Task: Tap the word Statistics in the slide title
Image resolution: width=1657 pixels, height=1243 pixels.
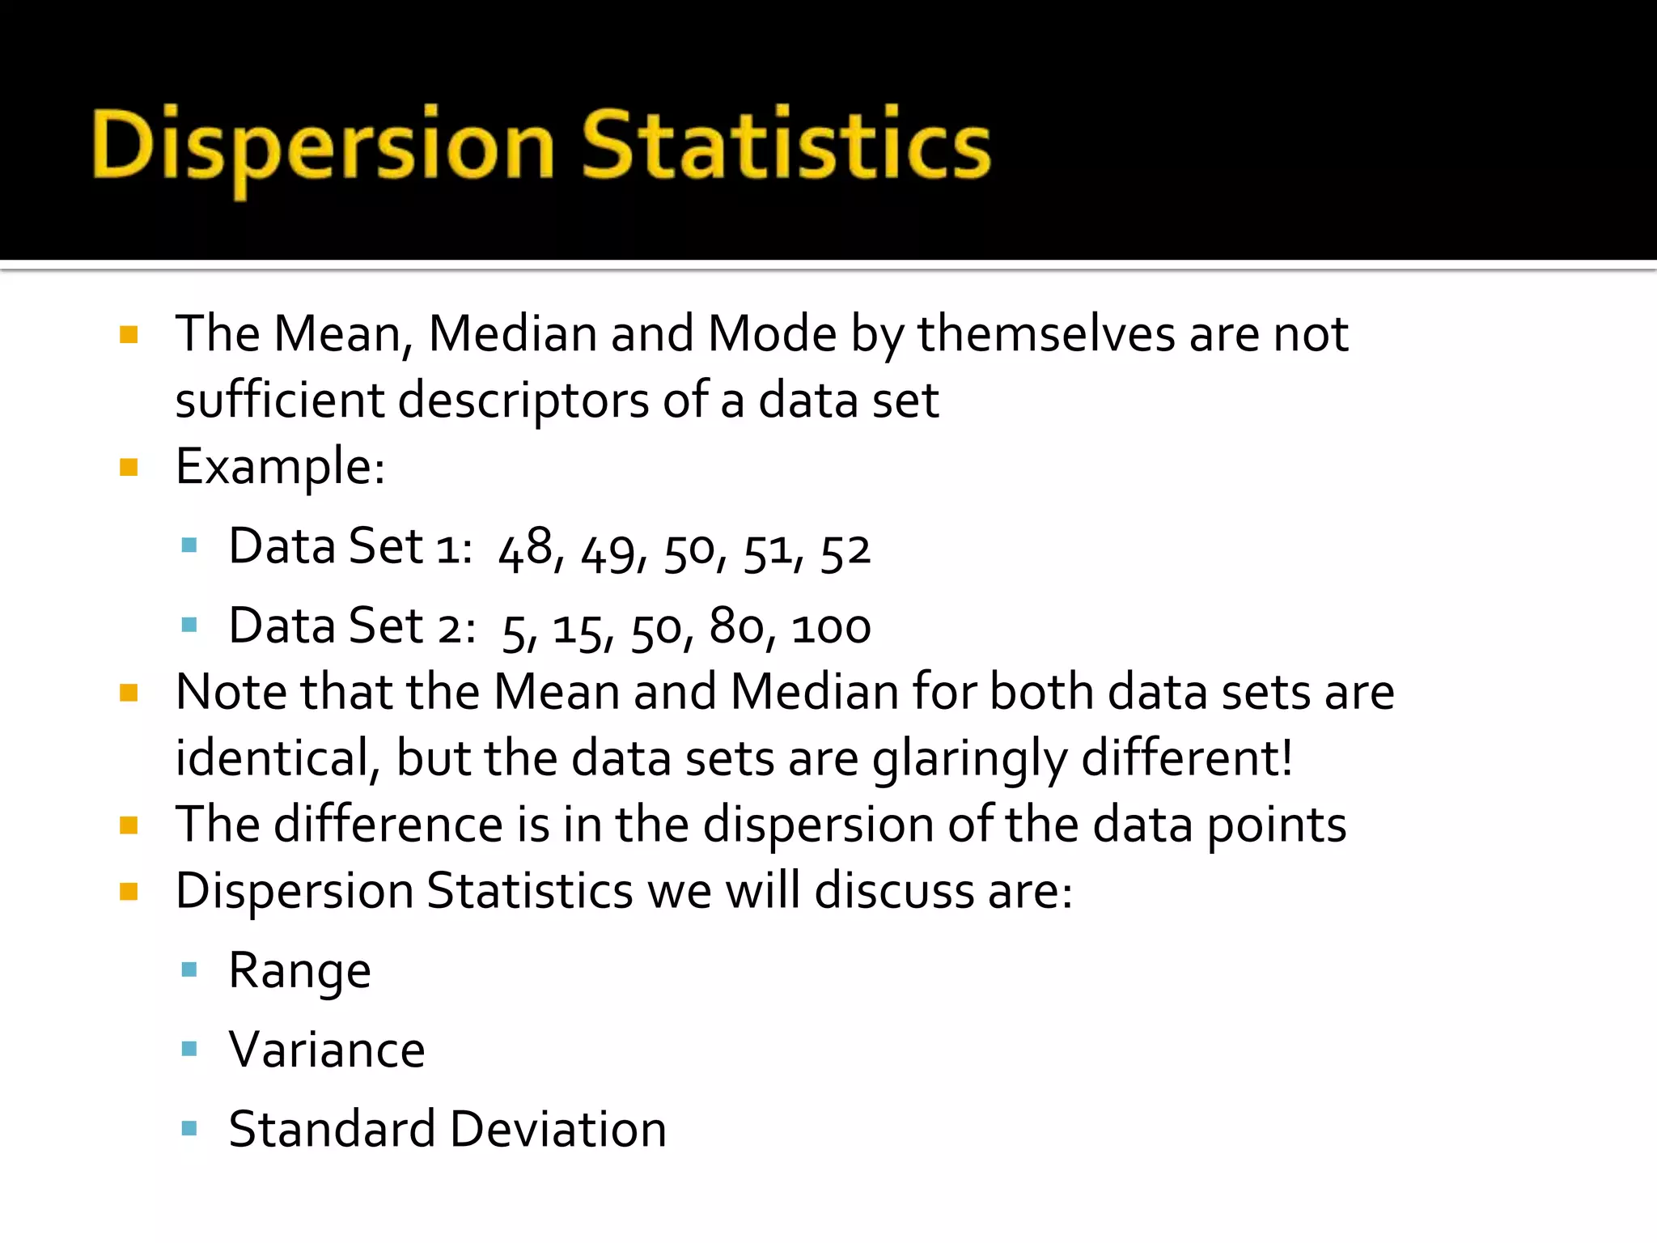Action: click(x=786, y=146)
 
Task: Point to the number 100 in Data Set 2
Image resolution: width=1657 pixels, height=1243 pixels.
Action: click(x=831, y=628)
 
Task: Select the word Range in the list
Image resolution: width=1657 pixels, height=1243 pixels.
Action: click(x=299, y=970)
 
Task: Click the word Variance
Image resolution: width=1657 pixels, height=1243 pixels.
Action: click(x=327, y=1050)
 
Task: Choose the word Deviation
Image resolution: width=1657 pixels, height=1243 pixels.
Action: click(x=557, y=1129)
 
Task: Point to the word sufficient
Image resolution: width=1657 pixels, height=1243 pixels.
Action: click(x=280, y=400)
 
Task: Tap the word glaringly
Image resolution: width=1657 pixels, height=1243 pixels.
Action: click(x=969, y=759)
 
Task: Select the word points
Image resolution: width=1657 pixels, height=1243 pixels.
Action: click(x=1276, y=825)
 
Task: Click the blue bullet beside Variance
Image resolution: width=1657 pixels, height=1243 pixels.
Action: click(x=190, y=1050)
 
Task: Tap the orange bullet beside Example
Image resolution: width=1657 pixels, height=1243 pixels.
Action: click(x=129, y=467)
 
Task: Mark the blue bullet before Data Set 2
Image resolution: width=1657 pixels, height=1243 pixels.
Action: click(x=190, y=625)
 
